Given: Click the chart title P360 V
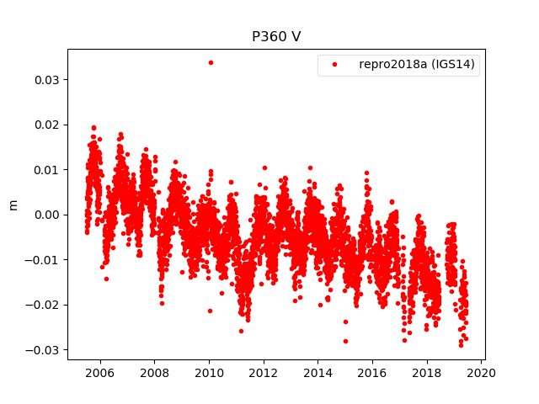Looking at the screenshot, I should click(x=276, y=37).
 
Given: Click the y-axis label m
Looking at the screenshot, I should click(x=13, y=205).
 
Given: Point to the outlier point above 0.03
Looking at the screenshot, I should click(x=211, y=62).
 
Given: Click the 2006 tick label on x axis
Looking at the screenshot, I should click(x=100, y=373).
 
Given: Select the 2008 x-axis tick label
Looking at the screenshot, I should click(x=154, y=373).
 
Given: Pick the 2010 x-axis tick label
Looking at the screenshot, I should click(x=209, y=373).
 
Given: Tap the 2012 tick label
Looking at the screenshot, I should click(x=264, y=373).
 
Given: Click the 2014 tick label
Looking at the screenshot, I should click(x=318, y=373).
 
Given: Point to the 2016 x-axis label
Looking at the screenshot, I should click(x=372, y=373).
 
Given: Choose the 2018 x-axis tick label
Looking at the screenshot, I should click(x=427, y=373).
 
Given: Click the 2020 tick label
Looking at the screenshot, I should click(x=481, y=373).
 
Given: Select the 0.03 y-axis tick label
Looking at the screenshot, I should click(x=46, y=80).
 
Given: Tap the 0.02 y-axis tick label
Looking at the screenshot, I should click(x=46, y=125).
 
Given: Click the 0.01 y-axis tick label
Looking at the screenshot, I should click(x=46, y=170).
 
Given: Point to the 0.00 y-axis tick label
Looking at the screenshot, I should click(x=46, y=215).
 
